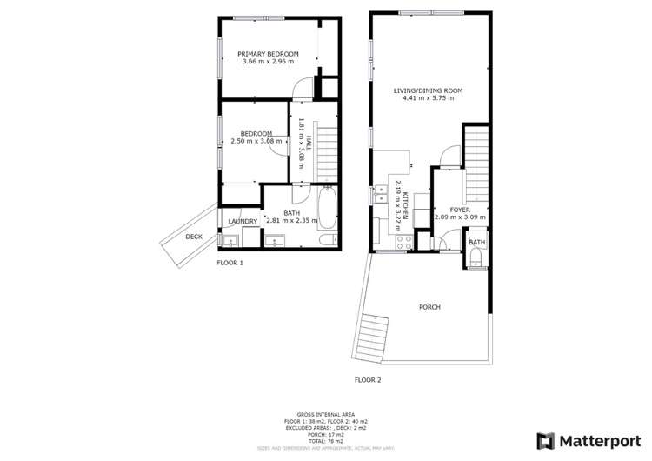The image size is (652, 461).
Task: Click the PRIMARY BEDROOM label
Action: (x=268, y=54)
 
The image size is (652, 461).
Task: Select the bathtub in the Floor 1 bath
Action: (x=328, y=210)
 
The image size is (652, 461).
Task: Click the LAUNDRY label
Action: (x=243, y=222)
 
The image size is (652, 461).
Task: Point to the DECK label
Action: (x=193, y=236)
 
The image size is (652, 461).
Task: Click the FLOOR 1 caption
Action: (x=230, y=262)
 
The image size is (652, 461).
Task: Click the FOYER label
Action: (x=460, y=210)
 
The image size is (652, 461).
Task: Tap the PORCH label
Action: (x=429, y=307)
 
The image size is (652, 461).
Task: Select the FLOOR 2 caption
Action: (x=368, y=380)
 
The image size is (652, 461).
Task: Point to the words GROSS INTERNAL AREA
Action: (x=325, y=414)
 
